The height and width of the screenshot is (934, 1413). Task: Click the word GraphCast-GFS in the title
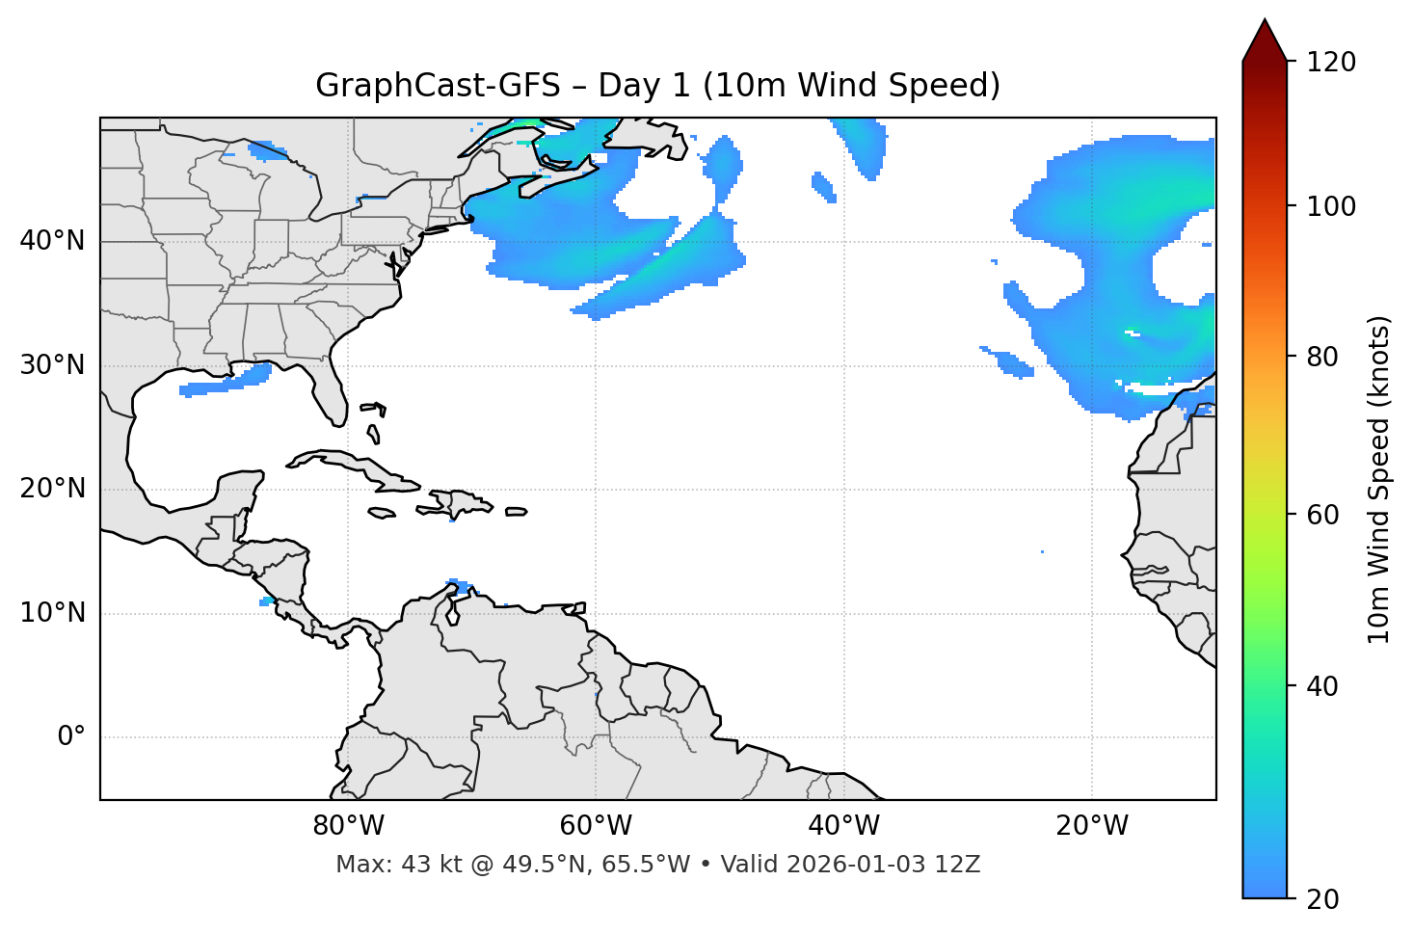pos(438,86)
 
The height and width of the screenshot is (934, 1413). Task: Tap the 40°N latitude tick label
pos(52,241)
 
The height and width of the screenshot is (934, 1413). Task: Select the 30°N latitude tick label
pos(52,365)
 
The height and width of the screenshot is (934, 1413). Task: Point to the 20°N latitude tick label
pos(52,489)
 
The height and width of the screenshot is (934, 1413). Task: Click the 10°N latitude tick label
pos(52,613)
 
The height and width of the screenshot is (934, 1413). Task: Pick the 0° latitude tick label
pos(71,737)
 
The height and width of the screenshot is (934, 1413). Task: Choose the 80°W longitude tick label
pos(348,826)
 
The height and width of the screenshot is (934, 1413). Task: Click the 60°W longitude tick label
pos(596,826)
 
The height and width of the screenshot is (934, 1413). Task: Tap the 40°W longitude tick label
pos(843,826)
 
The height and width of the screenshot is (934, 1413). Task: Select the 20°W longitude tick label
pos(1091,826)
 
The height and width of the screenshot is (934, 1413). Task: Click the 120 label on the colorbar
pos(1331,62)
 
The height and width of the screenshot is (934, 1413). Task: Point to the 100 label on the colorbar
pos(1331,206)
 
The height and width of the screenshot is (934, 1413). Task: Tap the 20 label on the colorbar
pos(1323,899)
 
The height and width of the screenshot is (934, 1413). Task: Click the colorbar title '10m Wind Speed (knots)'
pos(1379,479)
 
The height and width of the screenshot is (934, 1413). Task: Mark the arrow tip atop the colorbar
pos(1265,21)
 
